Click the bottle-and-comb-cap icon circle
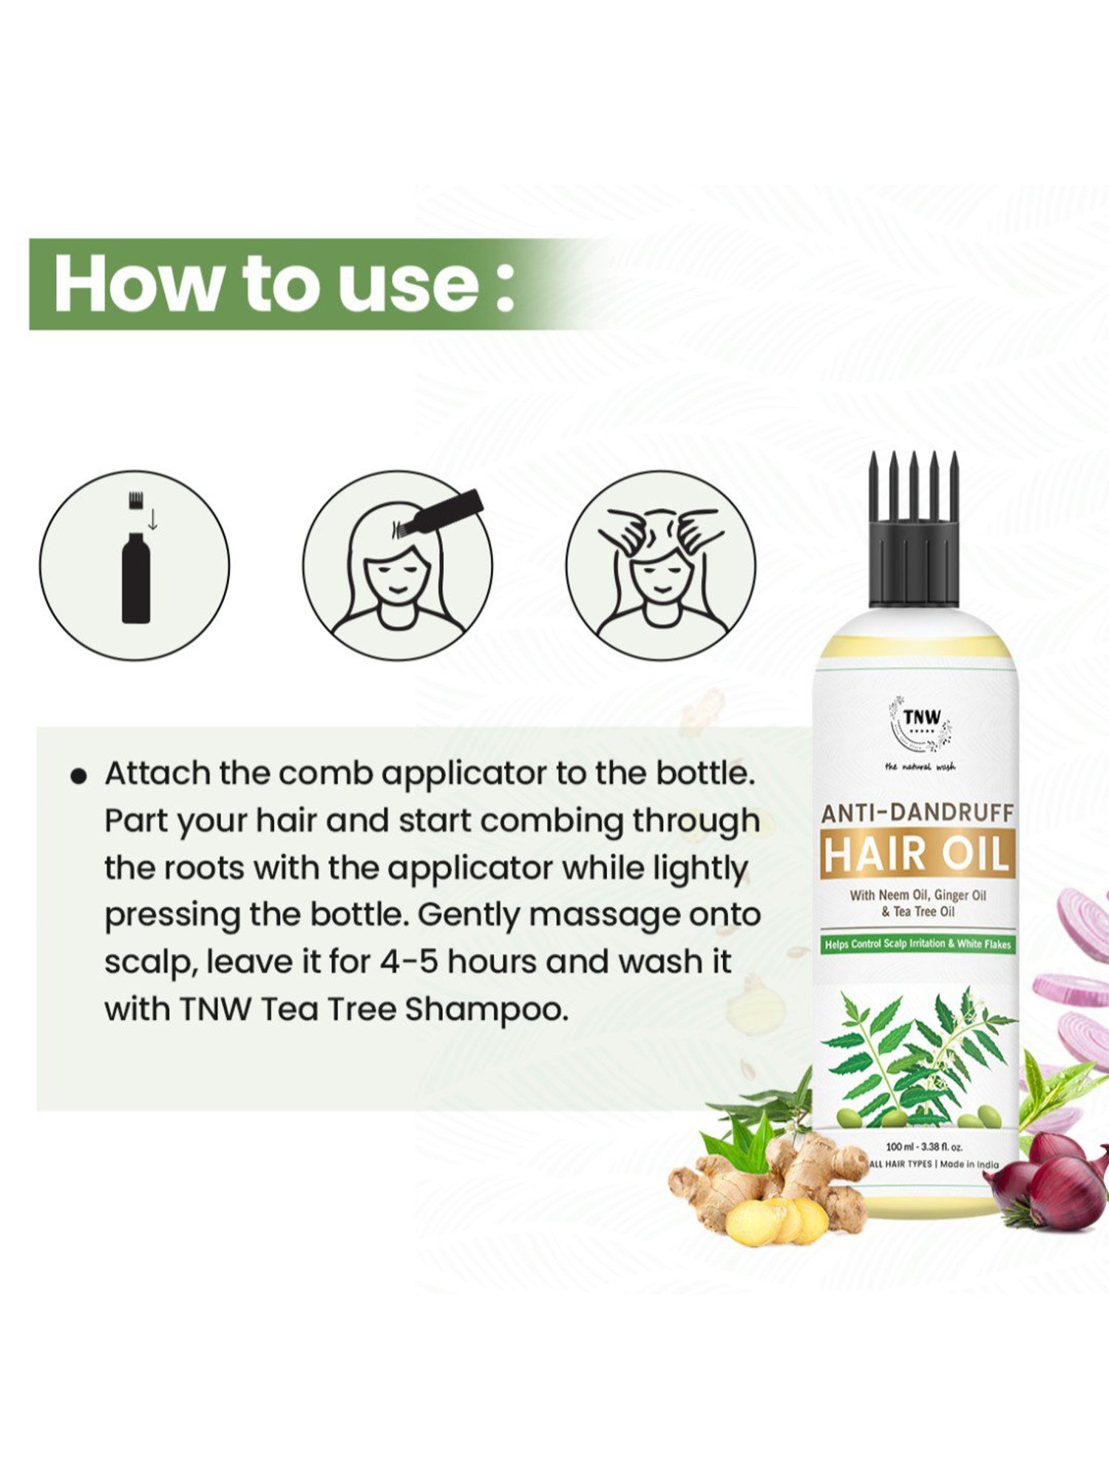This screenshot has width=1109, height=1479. point(135,566)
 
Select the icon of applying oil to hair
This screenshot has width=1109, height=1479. point(397,566)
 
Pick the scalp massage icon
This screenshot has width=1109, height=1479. point(660,566)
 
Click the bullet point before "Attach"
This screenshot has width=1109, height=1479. point(78,776)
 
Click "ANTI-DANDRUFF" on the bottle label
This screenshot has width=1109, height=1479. point(917,813)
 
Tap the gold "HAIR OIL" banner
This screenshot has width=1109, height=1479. point(917,854)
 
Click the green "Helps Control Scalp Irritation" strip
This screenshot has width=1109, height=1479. point(918,944)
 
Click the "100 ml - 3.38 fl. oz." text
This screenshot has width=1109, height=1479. point(924,1148)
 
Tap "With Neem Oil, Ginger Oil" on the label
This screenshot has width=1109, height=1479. point(918,896)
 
